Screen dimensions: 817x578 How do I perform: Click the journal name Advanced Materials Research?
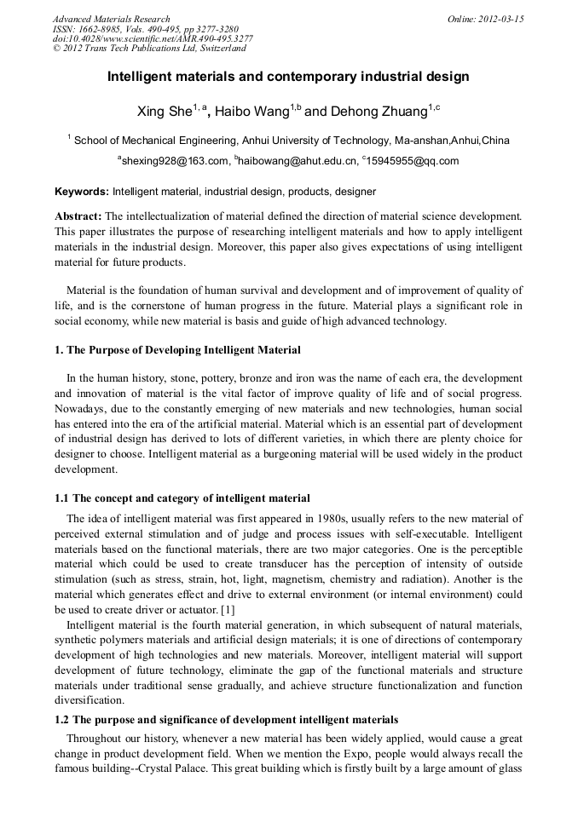click(111, 19)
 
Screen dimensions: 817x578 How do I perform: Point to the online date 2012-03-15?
click(500, 19)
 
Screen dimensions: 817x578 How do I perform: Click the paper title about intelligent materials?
click(288, 77)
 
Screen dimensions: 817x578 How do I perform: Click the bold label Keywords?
click(82, 192)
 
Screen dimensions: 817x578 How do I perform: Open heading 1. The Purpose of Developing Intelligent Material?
click(177, 350)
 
